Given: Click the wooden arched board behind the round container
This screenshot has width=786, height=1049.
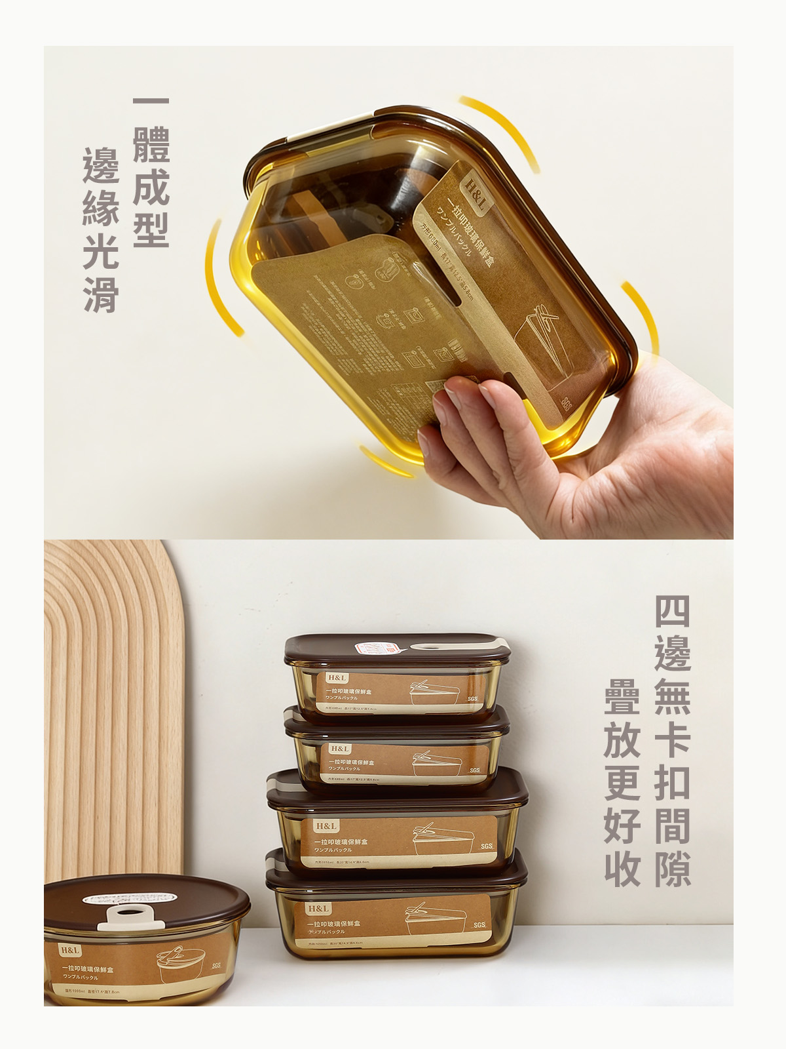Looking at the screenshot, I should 111,688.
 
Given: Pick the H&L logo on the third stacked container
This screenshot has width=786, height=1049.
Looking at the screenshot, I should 326,826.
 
